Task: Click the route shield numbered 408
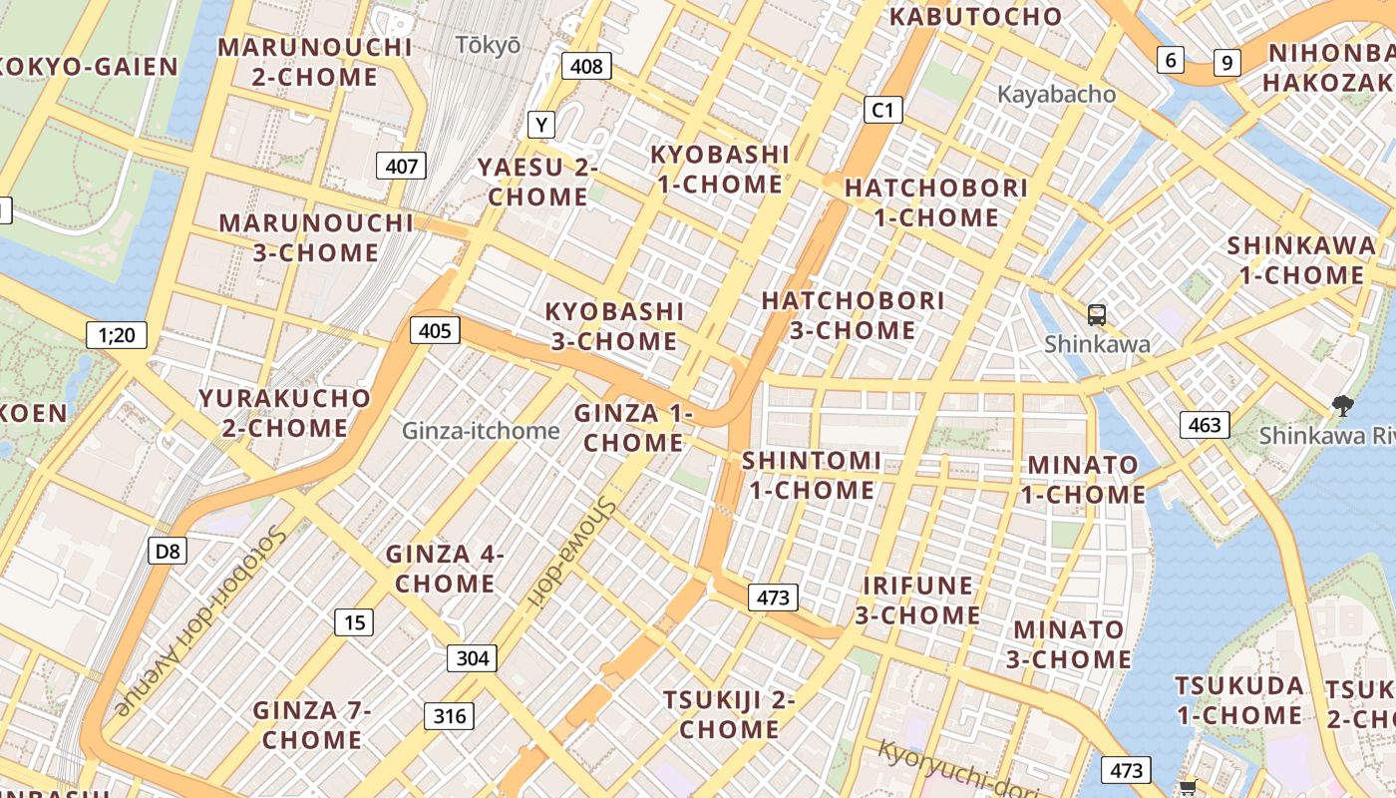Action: [x=586, y=67]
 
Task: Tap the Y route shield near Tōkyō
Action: [x=540, y=125]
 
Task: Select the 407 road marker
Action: [x=401, y=166]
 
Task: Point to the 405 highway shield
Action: [x=435, y=330]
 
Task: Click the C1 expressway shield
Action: [x=882, y=110]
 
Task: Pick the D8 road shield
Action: [x=168, y=551]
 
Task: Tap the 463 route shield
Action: [x=1205, y=425]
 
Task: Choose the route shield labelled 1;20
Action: [x=117, y=335]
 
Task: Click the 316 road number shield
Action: [x=449, y=716]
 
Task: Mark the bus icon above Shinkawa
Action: [x=1097, y=315]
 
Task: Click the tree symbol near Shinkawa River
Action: [x=1342, y=406]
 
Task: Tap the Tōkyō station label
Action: [x=488, y=45]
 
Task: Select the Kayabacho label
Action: [x=1056, y=95]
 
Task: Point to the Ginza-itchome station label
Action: [x=481, y=431]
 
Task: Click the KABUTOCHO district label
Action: [x=975, y=17]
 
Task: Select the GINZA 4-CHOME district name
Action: [x=445, y=569]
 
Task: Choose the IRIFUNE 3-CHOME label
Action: [x=917, y=600]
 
